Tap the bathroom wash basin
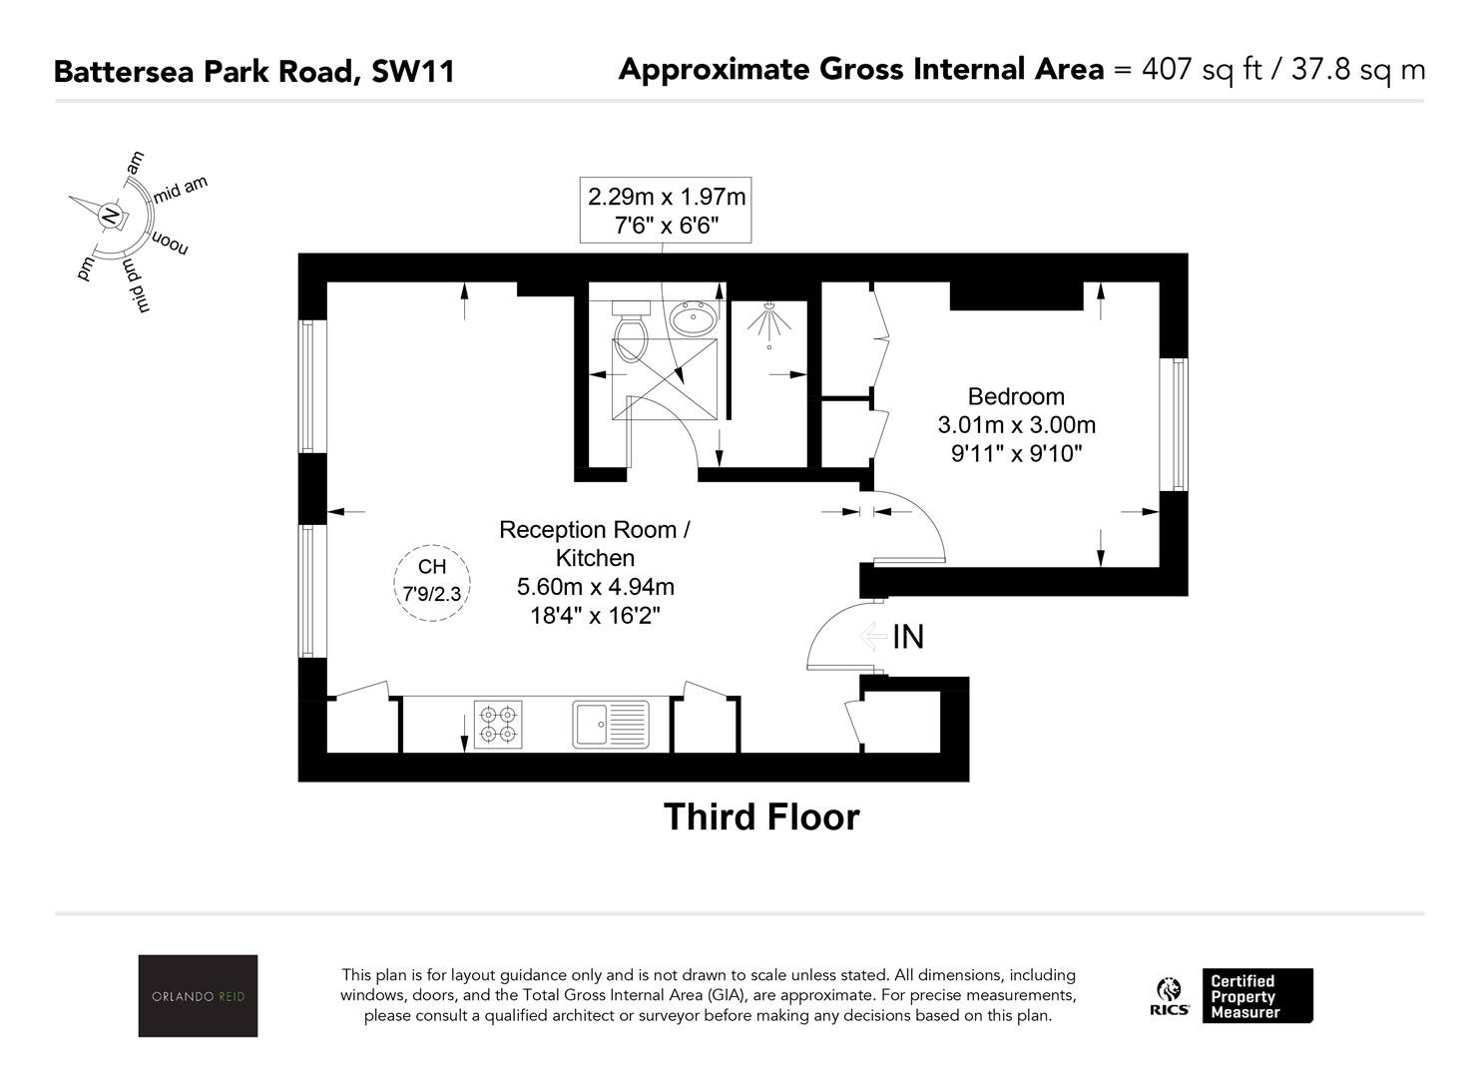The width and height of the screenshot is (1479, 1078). click(x=693, y=319)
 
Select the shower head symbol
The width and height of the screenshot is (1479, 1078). click(x=768, y=323)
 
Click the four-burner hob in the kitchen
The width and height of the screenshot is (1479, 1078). click(x=498, y=725)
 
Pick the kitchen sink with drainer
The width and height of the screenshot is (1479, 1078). click(x=611, y=725)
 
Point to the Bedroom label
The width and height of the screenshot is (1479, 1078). click(x=1016, y=396)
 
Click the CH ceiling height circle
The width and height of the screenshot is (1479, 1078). click(x=432, y=583)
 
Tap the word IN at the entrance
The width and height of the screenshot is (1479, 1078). click(x=908, y=637)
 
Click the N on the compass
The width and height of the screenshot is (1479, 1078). click(x=110, y=216)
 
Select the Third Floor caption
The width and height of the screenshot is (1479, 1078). click(x=761, y=817)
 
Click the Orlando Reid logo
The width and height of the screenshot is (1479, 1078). click(x=198, y=995)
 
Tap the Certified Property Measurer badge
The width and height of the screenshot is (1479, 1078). click(x=1257, y=995)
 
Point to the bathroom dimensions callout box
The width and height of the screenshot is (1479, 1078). click(x=666, y=210)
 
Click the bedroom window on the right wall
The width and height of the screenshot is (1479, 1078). click(x=1174, y=425)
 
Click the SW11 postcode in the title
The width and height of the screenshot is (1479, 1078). click(x=413, y=71)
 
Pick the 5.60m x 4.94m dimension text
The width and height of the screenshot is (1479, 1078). click(x=595, y=587)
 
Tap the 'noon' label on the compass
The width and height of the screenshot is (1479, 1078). click(x=171, y=242)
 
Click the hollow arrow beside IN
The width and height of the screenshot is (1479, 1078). click(x=872, y=637)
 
